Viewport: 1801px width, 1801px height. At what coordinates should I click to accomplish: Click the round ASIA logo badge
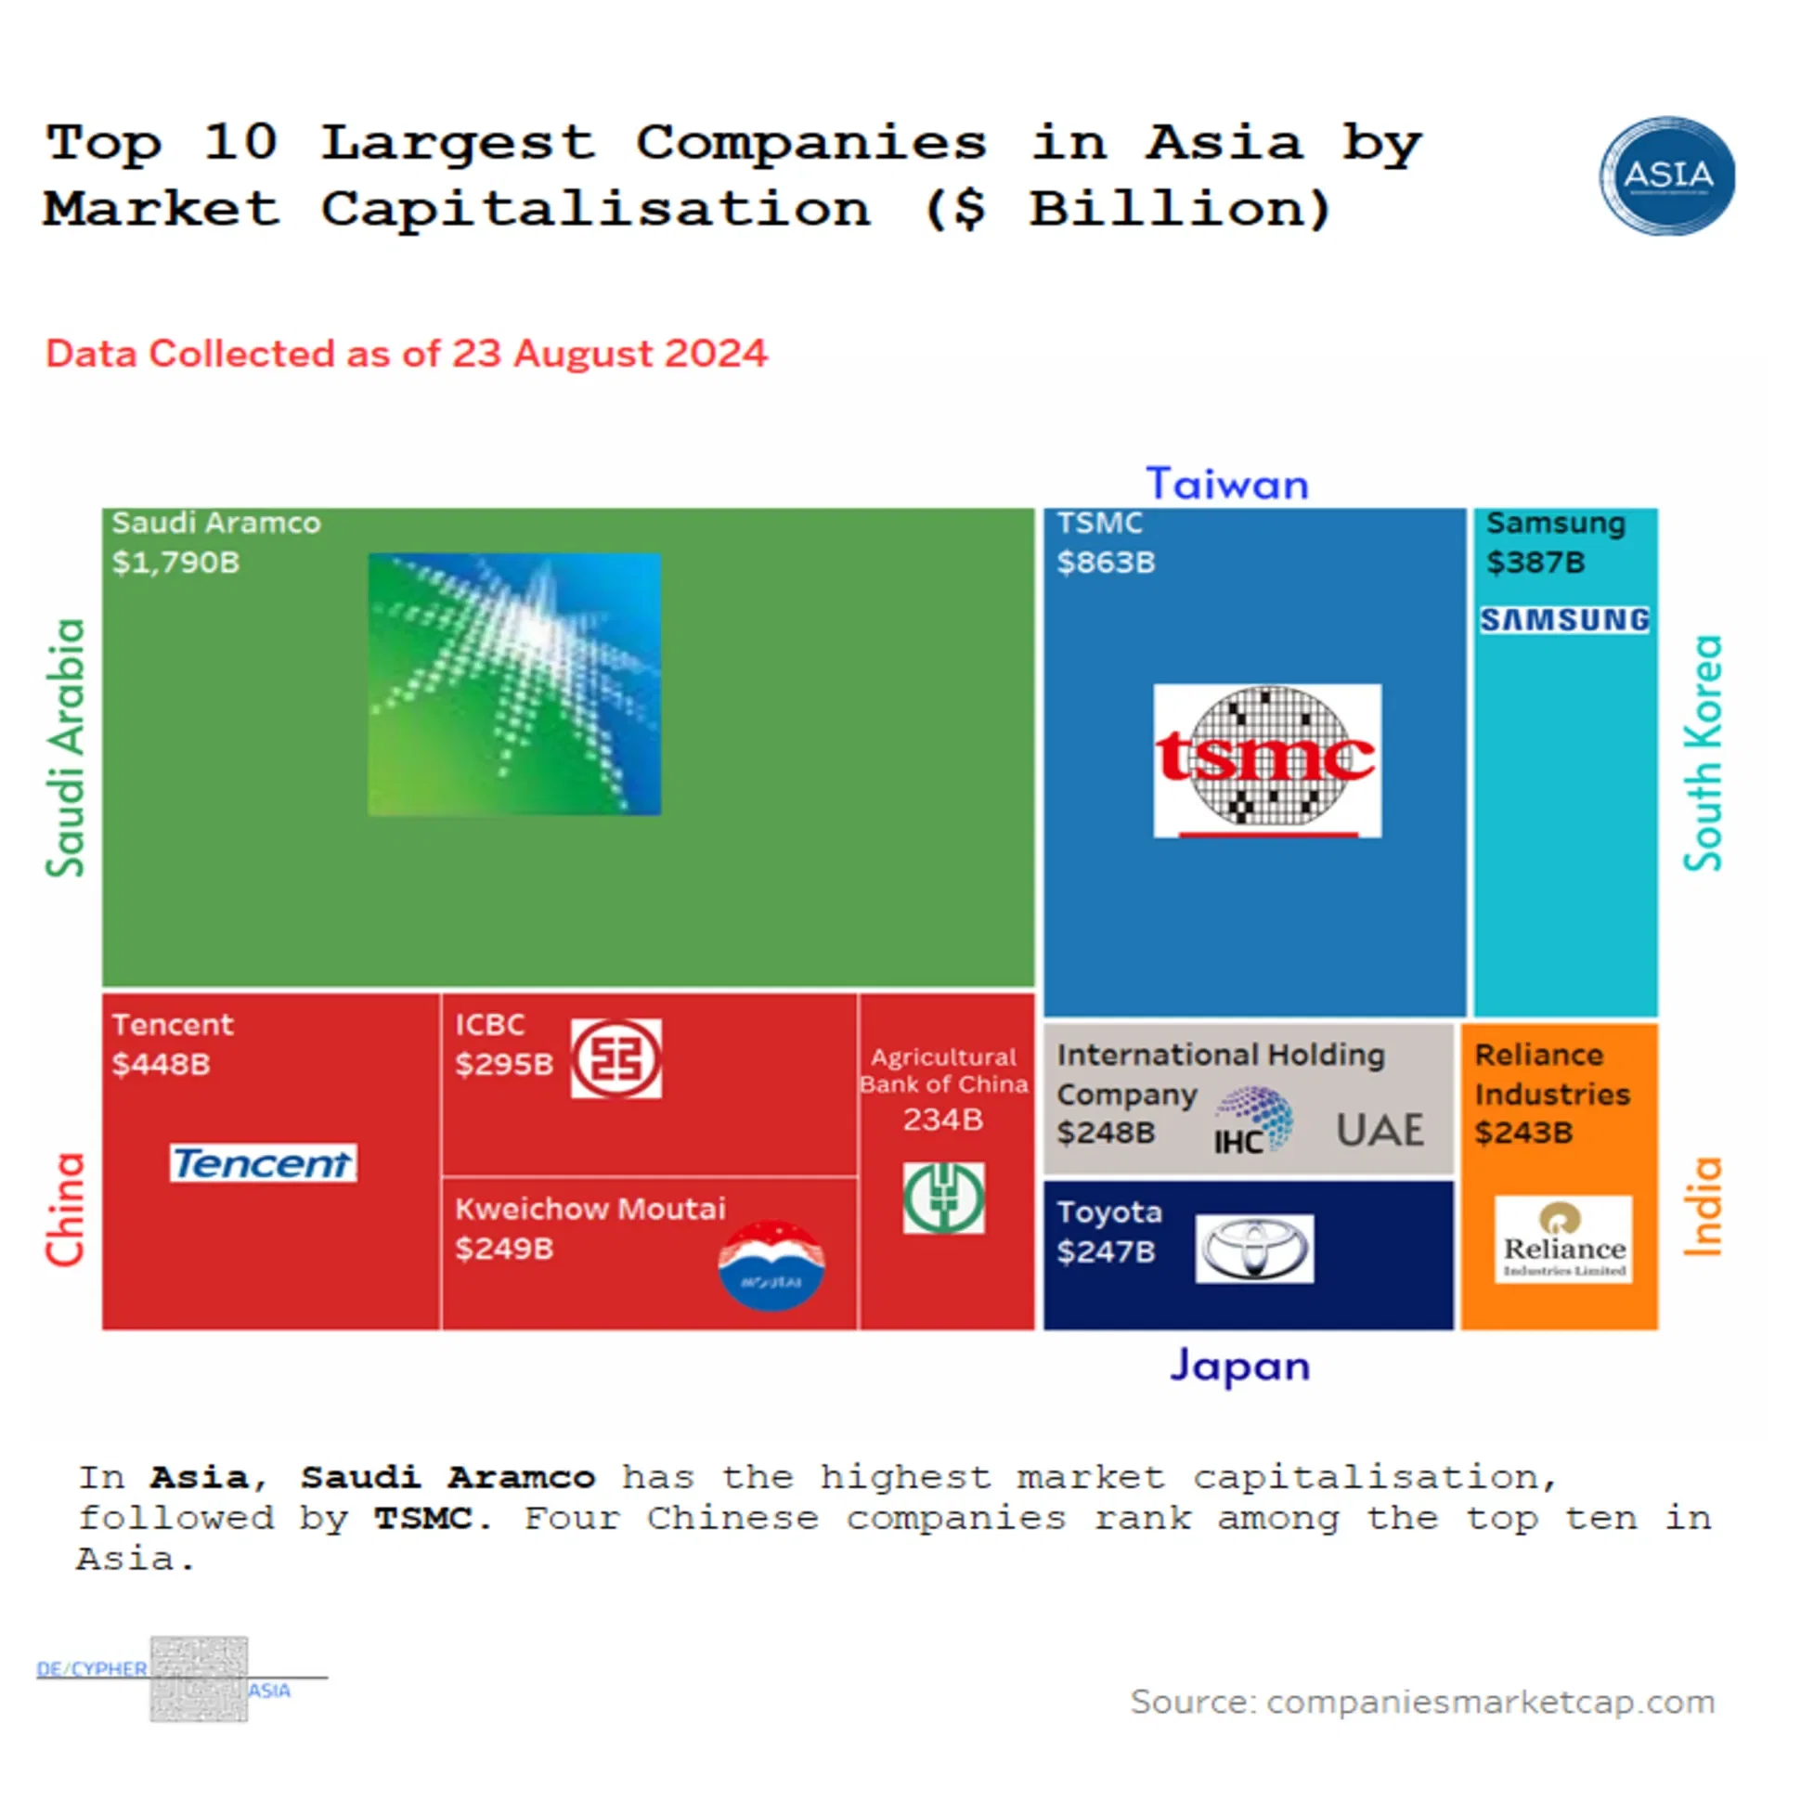point(1666,175)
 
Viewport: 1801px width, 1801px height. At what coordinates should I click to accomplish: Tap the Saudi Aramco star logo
point(514,684)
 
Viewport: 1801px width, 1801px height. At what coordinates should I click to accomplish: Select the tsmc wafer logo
point(1267,759)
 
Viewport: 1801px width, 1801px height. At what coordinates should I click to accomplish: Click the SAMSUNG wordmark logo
point(1564,620)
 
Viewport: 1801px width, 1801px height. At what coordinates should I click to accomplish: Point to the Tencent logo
point(263,1162)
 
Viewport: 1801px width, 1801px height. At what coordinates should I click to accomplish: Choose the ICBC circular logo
point(616,1058)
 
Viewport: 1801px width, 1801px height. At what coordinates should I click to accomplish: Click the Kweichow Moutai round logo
point(771,1265)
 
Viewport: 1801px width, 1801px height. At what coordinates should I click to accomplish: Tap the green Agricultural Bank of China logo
point(943,1198)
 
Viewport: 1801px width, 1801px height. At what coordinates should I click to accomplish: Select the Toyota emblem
point(1254,1249)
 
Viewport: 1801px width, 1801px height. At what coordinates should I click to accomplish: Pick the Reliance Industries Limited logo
point(1563,1239)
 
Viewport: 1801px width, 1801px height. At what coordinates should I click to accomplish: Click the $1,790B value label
point(175,562)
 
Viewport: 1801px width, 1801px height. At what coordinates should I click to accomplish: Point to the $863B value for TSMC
point(1106,562)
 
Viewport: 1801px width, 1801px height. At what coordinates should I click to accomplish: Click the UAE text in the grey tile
point(1380,1131)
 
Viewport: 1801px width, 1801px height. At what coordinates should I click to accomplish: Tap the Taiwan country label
point(1226,485)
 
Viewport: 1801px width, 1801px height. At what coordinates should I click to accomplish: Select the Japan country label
point(1240,1367)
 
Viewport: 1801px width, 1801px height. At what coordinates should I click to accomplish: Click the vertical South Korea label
point(1703,753)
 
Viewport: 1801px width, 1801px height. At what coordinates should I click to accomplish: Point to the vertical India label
point(1703,1206)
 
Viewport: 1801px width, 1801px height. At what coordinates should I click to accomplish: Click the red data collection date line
point(407,355)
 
